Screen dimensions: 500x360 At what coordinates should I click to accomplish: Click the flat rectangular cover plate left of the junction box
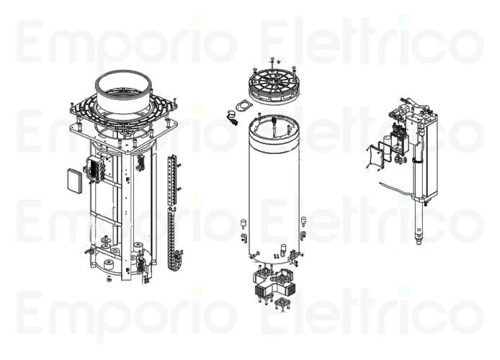tap(75, 181)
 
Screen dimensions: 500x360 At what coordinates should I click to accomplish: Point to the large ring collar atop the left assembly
tap(123, 92)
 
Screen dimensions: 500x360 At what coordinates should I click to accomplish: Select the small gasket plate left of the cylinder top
tap(241, 107)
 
